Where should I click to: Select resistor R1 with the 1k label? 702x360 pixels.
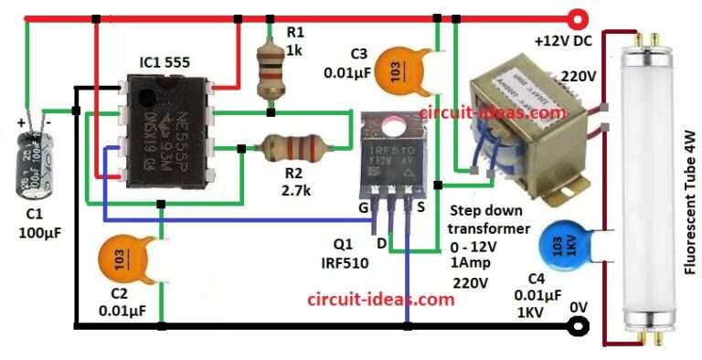point(270,73)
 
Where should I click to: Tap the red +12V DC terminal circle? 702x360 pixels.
point(577,17)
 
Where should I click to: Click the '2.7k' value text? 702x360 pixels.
point(295,191)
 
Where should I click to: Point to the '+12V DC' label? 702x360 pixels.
point(562,42)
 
